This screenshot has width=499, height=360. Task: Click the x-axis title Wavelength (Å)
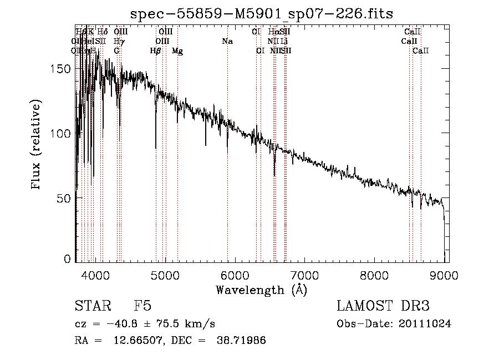tap(261, 290)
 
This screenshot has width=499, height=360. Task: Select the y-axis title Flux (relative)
tap(37, 146)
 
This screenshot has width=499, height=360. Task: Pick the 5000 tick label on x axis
tap(165, 273)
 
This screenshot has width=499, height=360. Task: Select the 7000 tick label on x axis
tap(305, 273)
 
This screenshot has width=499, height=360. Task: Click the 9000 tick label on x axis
tap(445, 273)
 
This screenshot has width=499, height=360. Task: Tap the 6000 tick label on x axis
tap(235, 273)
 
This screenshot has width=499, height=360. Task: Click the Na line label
tap(227, 42)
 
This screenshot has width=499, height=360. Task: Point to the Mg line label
tap(177, 51)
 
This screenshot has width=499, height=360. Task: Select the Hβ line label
tap(156, 51)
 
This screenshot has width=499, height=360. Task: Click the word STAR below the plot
tap(91, 306)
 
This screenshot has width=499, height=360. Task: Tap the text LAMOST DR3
tap(383, 306)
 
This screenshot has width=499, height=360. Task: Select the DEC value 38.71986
tap(241, 341)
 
